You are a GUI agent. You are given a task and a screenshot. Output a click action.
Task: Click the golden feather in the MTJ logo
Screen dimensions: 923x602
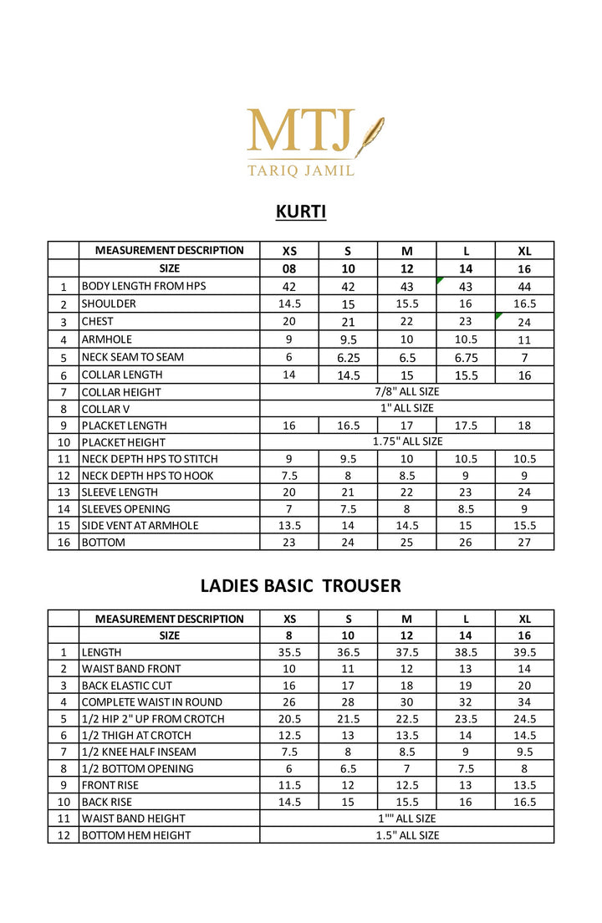coord(369,136)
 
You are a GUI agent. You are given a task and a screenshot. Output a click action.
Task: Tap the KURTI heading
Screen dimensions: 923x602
coord(301,212)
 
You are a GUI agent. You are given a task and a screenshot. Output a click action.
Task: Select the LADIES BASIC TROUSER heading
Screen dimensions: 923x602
coord(301,585)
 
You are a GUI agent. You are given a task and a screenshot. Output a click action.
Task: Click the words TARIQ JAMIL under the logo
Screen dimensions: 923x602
coord(301,171)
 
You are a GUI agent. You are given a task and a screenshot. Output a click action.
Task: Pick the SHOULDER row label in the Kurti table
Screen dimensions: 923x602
coord(109,303)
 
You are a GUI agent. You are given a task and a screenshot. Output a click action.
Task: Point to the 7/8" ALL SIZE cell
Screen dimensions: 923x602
coord(406,391)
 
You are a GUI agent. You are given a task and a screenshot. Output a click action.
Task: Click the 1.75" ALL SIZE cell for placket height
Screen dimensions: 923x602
coord(406,441)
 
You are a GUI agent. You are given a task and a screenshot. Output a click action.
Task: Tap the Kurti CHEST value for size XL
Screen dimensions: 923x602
coord(524,322)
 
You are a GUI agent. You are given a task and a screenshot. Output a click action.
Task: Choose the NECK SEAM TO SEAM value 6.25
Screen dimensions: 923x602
coord(348,357)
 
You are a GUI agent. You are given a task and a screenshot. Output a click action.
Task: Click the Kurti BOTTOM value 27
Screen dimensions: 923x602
coord(524,543)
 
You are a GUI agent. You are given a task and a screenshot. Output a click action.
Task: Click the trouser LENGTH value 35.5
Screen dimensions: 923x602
coord(289,652)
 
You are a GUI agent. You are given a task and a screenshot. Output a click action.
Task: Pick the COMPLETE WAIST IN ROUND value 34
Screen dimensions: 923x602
coord(524,702)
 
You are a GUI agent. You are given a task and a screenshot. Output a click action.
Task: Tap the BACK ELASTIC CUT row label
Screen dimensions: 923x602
coord(126,686)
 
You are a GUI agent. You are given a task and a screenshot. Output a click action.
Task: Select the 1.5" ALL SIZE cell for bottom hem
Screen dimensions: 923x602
coord(406,835)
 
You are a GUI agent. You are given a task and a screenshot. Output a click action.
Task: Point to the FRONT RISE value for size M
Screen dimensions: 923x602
coord(407,785)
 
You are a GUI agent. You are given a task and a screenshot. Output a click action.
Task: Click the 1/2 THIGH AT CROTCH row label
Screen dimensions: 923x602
coord(136,736)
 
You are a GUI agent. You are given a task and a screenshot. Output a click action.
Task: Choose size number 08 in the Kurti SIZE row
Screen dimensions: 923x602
coord(289,268)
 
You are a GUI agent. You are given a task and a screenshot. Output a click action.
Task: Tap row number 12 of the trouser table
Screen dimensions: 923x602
coord(63,835)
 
